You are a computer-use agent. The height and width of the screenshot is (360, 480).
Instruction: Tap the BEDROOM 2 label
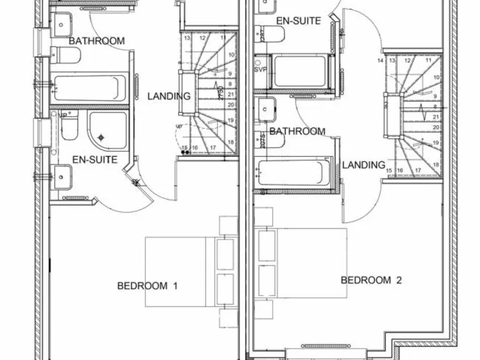coord(371,280)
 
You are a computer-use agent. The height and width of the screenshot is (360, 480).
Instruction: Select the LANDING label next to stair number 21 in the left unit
coord(169,96)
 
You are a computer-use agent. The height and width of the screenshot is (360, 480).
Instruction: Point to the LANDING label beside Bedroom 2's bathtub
coord(363,165)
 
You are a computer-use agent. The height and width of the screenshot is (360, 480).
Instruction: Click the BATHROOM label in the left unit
coord(96,41)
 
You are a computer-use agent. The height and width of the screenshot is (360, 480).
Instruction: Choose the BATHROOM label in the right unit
coord(297,131)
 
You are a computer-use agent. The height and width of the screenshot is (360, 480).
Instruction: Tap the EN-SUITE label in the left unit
coord(95,160)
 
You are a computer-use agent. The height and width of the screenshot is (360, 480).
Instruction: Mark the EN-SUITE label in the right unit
coord(298,21)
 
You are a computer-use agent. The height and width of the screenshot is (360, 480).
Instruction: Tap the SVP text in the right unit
coord(260,69)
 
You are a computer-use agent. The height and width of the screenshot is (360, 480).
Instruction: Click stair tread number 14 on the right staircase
coord(381,61)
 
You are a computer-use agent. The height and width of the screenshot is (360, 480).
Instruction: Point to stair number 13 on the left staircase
coord(186,38)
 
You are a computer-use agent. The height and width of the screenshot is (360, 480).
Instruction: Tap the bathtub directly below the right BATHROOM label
coord(292,172)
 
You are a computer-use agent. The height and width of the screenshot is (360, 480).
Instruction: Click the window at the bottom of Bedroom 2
coord(337,346)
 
